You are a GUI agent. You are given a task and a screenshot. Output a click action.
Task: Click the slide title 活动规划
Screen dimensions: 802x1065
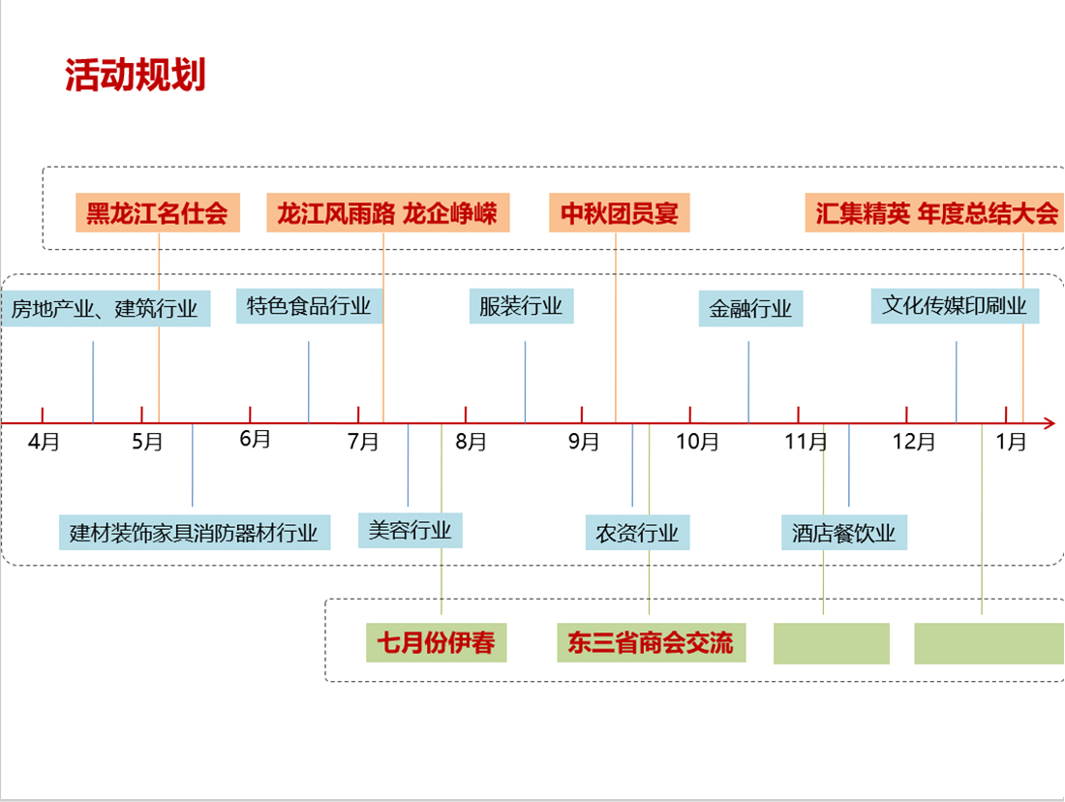[136, 76]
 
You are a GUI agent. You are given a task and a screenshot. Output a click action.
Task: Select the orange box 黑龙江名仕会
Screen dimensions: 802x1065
[157, 213]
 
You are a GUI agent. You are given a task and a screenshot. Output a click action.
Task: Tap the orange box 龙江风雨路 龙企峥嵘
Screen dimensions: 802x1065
[387, 213]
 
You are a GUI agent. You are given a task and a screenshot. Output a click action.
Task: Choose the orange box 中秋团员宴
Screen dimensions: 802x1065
[620, 213]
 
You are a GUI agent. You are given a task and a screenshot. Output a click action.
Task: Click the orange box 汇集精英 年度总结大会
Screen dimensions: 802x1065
[935, 213]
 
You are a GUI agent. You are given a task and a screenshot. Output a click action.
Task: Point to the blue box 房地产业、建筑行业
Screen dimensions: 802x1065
[105, 309]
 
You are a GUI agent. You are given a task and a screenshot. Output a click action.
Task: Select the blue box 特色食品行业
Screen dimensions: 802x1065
[309, 306]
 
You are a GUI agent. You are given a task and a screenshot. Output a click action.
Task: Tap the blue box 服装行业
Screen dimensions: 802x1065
[521, 306]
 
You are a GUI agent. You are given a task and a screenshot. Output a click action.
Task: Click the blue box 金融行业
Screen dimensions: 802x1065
[750, 309]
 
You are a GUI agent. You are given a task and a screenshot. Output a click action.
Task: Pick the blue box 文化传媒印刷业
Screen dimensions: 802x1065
[955, 306]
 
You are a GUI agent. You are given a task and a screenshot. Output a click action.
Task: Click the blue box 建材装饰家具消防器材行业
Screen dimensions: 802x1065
[194, 533]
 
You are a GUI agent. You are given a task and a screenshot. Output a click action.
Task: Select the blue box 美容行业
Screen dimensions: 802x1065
[410, 530]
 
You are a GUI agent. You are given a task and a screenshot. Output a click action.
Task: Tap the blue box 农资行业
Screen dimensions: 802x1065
[637, 533]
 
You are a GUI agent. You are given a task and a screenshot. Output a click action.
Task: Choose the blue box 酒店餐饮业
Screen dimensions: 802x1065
[844, 533]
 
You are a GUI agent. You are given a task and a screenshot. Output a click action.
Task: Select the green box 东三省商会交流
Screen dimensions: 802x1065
[651, 643]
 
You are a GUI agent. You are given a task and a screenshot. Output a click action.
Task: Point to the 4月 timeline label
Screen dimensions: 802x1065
[45, 443]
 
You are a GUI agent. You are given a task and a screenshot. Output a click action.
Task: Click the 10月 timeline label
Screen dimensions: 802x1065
[697, 443]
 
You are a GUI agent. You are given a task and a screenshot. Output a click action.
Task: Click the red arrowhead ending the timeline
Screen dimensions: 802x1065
[1049, 423]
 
